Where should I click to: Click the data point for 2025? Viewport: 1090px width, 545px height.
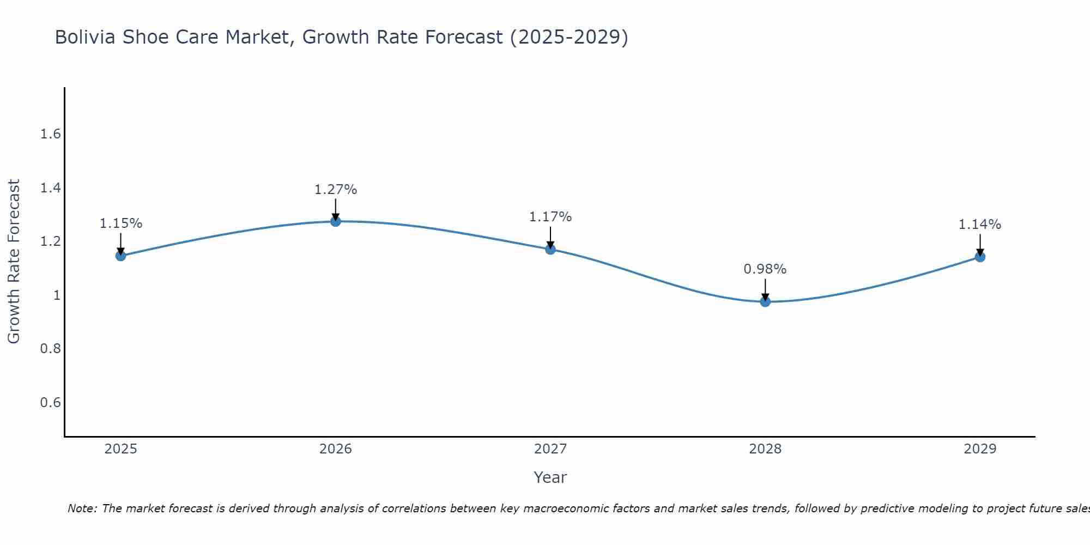[x=120, y=256]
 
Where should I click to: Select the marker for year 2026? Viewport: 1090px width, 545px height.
[x=336, y=221]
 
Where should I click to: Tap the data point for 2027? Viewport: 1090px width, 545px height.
[x=550, y=250]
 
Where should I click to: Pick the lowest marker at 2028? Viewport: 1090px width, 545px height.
[x=765, y=301]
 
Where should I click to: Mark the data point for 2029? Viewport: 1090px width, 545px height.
[x=980, y=257]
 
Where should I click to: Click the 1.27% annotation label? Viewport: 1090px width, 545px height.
[x=336, y=190]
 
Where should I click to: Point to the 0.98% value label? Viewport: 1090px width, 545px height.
[x=765, y=269]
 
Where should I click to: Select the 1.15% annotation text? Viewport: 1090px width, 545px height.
[x=121, y=223]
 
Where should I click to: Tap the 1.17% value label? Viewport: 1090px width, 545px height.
[x=550, y=217]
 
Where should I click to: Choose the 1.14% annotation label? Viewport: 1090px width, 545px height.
[x=980, y=225]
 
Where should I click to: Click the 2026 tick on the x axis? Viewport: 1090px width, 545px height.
[x=336, y=449]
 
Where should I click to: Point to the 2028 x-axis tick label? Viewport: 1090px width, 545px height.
[x=765, y=449]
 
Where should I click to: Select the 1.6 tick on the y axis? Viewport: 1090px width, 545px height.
[x=50, y=134]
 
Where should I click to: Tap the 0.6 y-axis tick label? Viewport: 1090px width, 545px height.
[x=50, y=403]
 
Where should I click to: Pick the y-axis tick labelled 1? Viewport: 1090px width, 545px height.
[x=57, y=295]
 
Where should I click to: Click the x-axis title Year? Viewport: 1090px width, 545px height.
[x=550, y=477]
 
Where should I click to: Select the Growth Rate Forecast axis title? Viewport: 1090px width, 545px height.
[x=14, y=262]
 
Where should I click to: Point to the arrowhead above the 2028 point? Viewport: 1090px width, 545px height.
[x=765, y=298]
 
